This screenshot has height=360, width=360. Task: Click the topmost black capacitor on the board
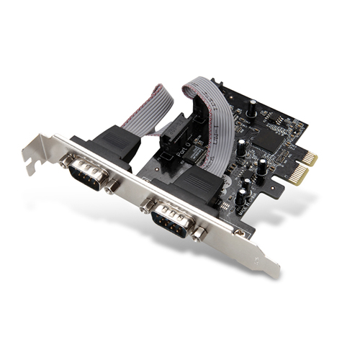[x=252, y=108]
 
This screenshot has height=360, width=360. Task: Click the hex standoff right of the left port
[x=110, y=188]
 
